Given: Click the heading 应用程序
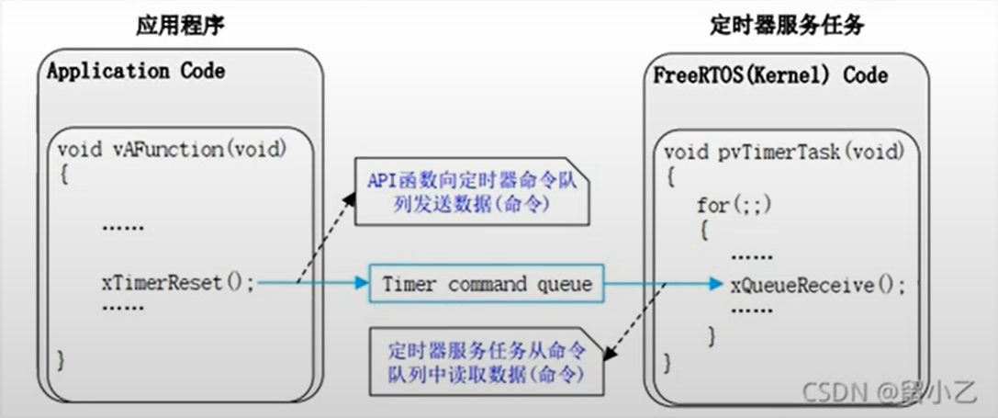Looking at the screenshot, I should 180,26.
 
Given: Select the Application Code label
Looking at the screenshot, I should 136,71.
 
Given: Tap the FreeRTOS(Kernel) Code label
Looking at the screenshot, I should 770,74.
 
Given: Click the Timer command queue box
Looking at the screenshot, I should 488,285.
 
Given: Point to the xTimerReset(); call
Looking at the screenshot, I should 177,283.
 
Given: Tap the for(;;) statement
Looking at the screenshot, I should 729,204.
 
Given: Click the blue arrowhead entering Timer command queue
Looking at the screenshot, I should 361,285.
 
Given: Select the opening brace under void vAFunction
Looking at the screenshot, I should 63,173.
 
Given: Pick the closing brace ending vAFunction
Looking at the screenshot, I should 62,358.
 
